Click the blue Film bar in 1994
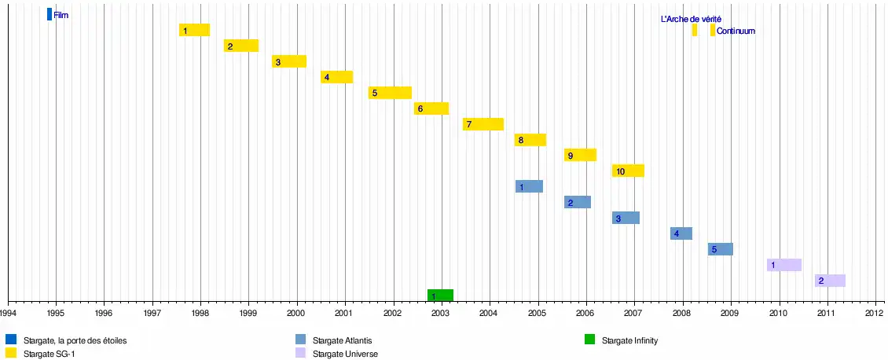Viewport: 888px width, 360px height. [x=50, y=14]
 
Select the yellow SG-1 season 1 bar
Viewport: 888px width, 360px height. [x=194, y=30]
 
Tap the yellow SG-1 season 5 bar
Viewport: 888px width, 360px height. [x=390, y=93]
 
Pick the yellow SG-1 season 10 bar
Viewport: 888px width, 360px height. [x=628, y=171]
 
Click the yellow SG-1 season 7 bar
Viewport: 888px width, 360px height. [x=483, y=124]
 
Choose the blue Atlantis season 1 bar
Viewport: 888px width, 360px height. [x=529, y=186]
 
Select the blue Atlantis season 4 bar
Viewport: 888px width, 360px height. [x=681, y=233]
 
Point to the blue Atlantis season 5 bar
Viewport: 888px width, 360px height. [x=720, y=249]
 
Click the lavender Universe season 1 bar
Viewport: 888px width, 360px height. [x=783, y=265]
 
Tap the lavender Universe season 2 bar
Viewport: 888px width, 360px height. [x=830, y=281]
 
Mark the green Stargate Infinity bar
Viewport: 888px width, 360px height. [x=440, y=296]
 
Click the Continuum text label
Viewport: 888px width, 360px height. [x=736, y=31]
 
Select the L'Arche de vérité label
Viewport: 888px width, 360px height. [x=691, y=19]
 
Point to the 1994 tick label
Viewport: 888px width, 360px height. [x=8, y=312]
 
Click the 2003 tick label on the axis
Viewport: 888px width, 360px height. [x=441, y=312]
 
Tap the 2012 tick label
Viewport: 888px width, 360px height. [x=875, y=312]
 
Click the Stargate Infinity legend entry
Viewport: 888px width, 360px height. [x=629, y=340]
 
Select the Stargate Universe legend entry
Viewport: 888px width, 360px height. [x=345, y=354]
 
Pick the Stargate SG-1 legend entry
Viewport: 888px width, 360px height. [x=49, y=354]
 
